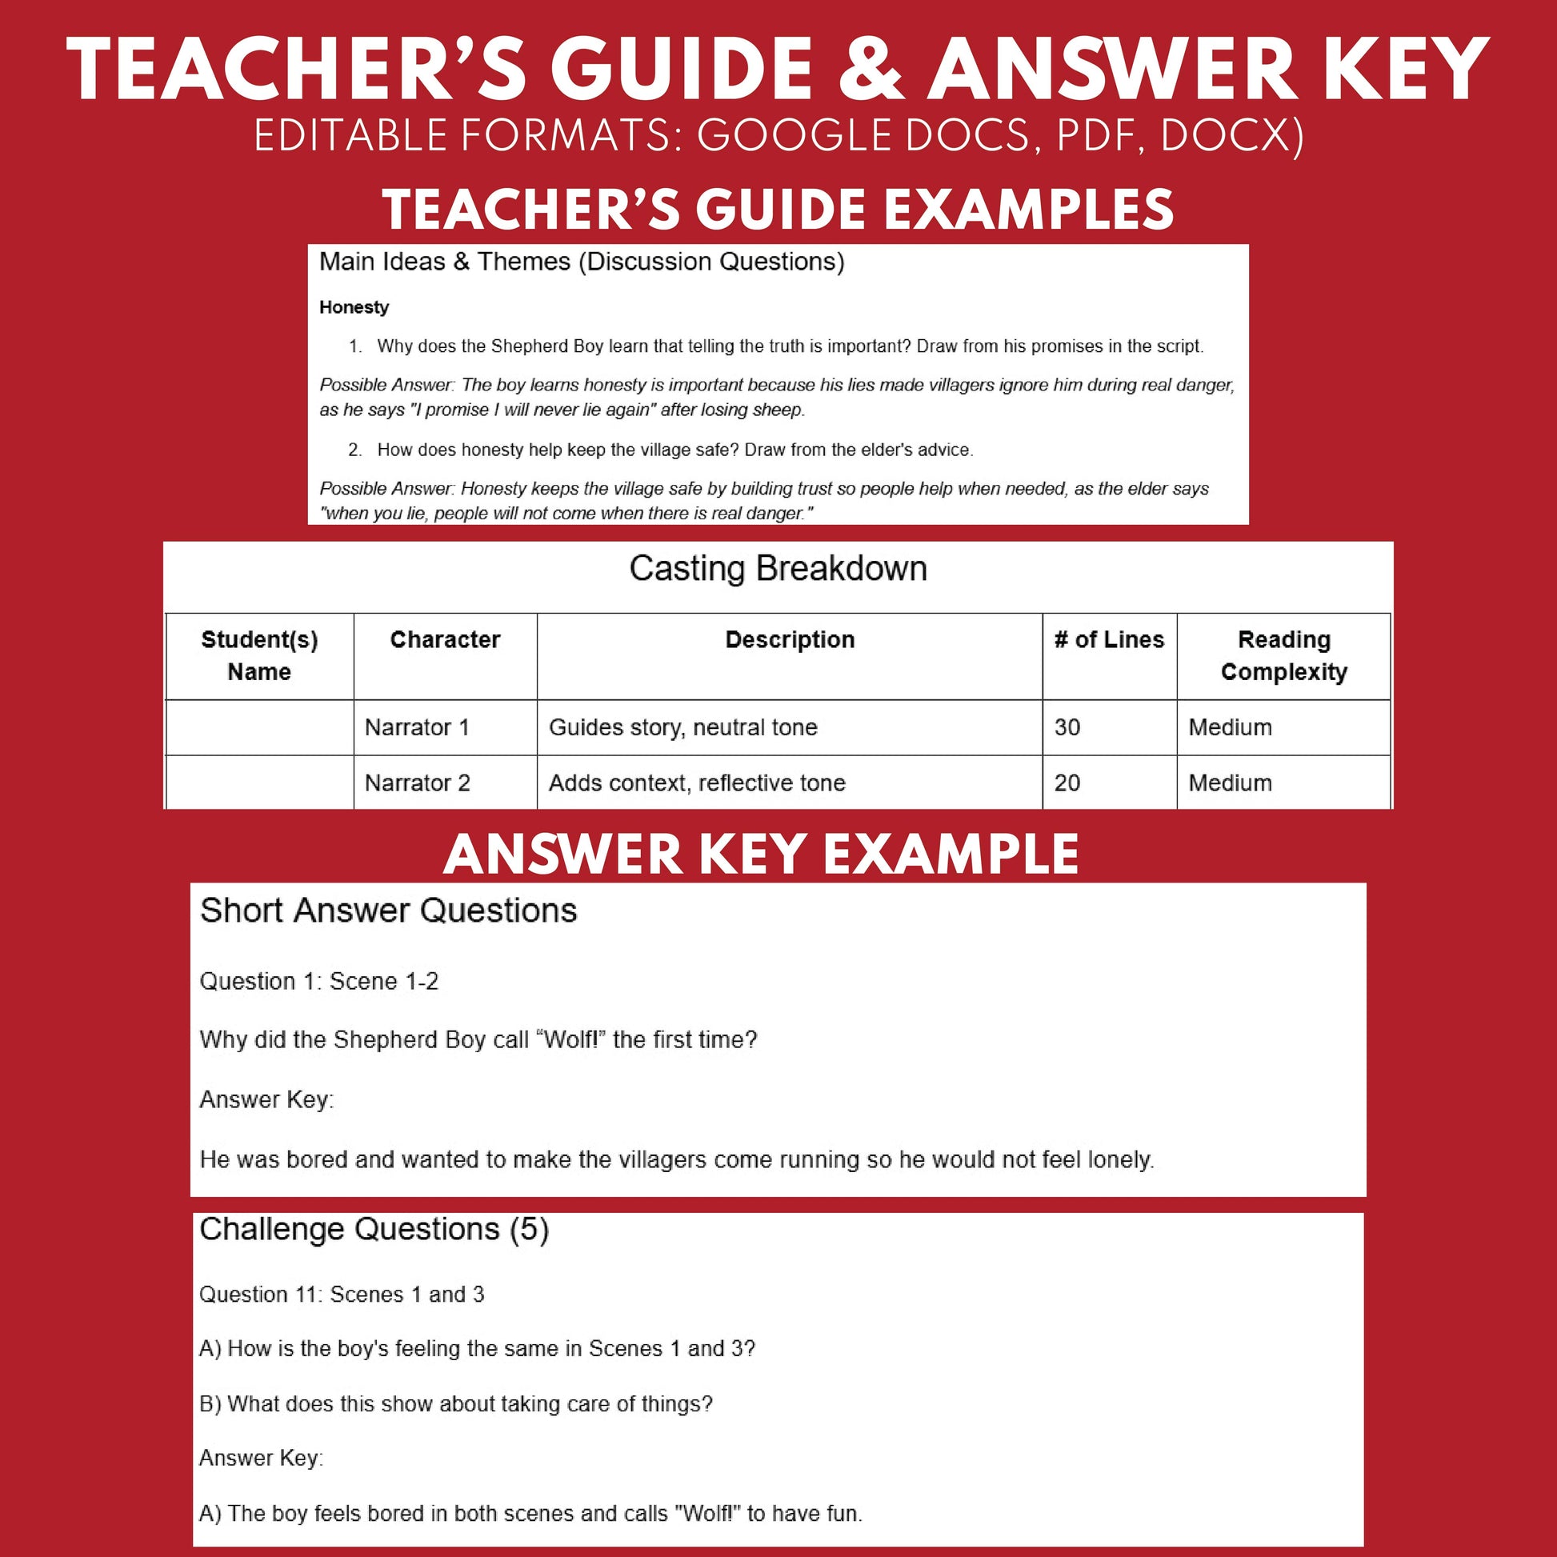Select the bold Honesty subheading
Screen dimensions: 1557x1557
(354, 307)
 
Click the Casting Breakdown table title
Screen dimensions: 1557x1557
(778, 569)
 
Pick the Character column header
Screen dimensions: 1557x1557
(445, 639)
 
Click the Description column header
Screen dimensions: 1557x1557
(789, 639)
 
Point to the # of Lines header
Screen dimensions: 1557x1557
(1109, 639)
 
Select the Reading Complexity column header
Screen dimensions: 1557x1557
(1283, 655)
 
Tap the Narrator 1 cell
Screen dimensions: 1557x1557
(417, 727)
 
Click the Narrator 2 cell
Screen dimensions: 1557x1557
(417, 783)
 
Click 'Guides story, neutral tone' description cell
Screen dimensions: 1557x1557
(682, 727)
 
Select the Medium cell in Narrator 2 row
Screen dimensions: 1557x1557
(1230, 783)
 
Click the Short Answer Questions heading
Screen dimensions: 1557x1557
(388, 911)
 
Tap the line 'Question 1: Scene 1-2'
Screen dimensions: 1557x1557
(319, 981)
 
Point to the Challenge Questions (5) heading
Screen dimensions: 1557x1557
(374, 1229)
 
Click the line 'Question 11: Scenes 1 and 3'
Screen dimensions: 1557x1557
(342, 1295)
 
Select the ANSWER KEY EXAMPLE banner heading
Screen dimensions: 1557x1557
(761, 855)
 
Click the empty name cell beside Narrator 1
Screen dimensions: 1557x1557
(259, 727)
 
